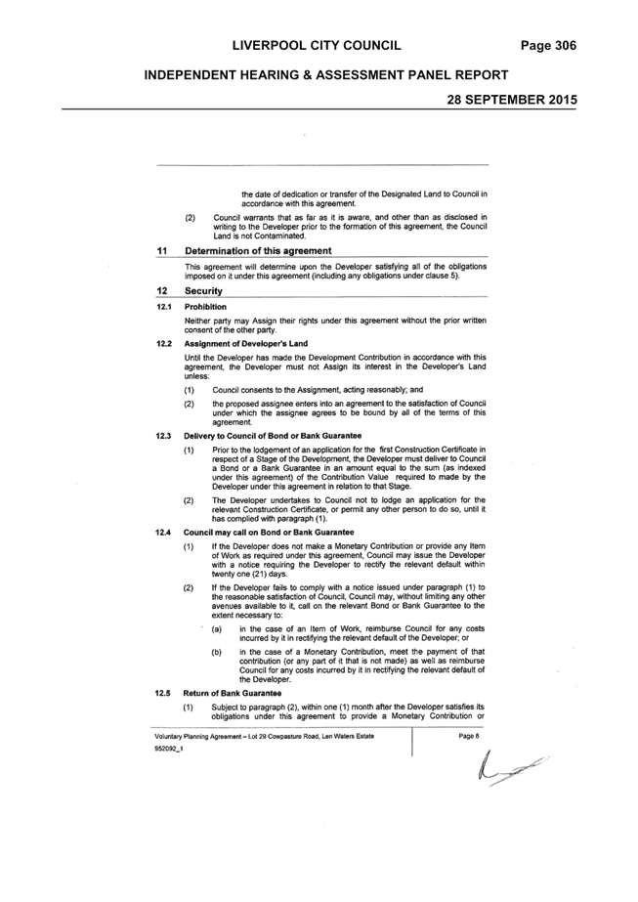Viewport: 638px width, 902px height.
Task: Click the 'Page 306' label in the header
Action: pyautogui.click(x=548, y=46)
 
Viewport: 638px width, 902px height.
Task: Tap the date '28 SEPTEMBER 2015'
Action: pyautogui.click(x=512, y=100)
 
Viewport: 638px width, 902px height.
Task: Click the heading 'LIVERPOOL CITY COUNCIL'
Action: pyautogui.click(x=317, y=46)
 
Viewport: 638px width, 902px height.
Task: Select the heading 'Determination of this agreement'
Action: pyautogui.click(x=258, y=251)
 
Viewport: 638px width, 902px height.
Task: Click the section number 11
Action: pyautogui.click(x=161, y=251)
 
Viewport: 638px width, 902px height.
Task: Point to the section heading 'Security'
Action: pyautogui.click(x=203, y=291)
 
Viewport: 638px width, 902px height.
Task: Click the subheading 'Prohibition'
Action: pyautogui.click(x=205, y=307)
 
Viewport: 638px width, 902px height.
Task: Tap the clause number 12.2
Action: pyautogui.click(x=163, y=343)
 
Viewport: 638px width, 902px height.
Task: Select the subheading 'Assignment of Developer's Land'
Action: pyautogui.click(x=246, y=343)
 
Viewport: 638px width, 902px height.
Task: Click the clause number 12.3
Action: pyautogui.click(x=163, y=436)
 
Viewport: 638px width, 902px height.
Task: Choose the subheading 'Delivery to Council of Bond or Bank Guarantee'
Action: pyautogui.click(x=273, y=436)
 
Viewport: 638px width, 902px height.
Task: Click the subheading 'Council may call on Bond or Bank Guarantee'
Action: pyautogui.click(x=269, y=532)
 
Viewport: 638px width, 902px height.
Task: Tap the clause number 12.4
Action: pyautogui.click(x=163, y=532)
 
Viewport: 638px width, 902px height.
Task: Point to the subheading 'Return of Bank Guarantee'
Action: pyautogui.click(x=233, y=693)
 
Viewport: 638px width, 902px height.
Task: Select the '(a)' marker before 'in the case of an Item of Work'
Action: pyautogui.click(x=217, y=628)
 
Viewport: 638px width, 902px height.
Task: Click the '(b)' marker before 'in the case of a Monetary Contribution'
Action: pyautogui.click(x=217, y=652)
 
